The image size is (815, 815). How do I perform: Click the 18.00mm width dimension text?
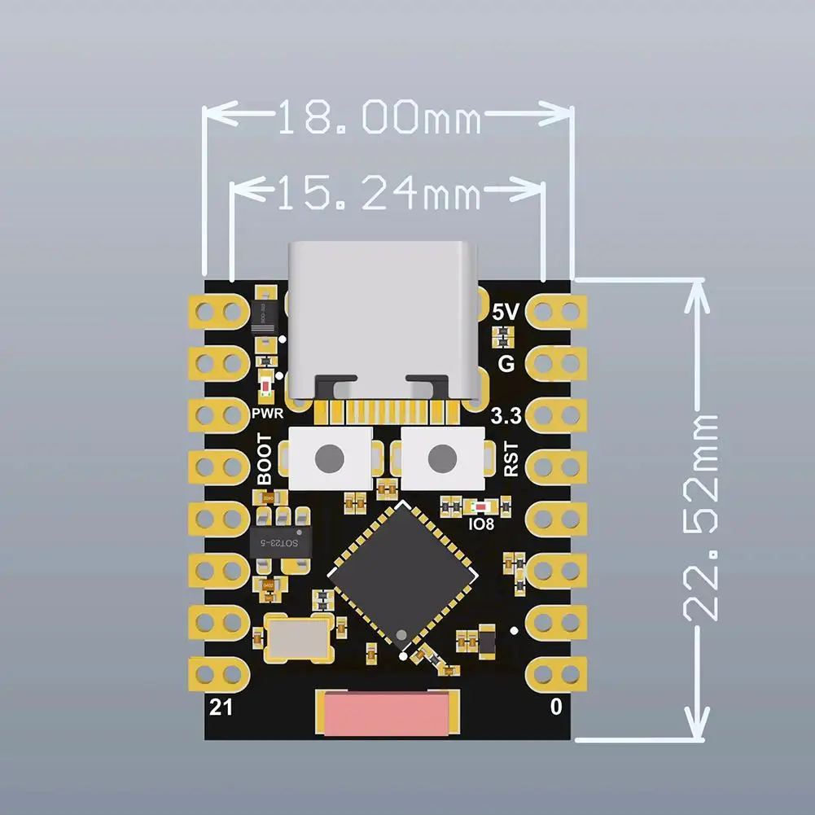(x=379, y=119)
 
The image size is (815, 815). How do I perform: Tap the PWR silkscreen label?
(x=266, y=414)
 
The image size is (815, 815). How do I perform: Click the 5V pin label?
(x=506, y=311)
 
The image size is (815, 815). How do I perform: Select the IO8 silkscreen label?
(x=481, y=524)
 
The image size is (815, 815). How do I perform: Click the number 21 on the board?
(x=221, y=707)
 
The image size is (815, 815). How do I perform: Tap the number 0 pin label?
(x=556, y=708)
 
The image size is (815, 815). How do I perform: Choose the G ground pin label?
(x=506, y=364)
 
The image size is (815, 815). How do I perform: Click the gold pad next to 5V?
(x=557, y=310)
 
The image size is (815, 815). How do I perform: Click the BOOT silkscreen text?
(x=265, y=461)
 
